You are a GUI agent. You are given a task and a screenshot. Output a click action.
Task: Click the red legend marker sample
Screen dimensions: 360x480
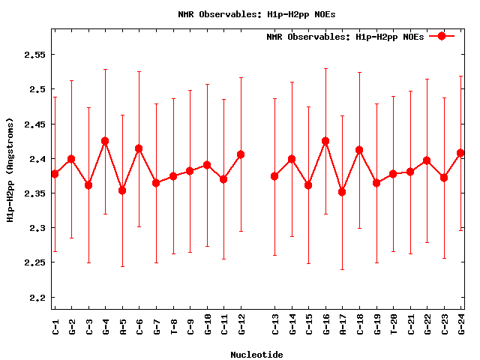(442, 36)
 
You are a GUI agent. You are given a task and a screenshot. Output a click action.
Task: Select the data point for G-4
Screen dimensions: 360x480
(105, 141)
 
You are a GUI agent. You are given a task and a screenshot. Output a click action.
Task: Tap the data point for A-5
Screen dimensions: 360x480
(122, 190)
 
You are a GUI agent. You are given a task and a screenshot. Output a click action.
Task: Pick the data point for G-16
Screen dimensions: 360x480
(325, 141)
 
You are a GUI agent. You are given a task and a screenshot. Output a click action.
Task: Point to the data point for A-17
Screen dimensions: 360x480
(342, 192)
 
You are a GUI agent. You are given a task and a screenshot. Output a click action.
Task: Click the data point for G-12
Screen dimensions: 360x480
(241, 154)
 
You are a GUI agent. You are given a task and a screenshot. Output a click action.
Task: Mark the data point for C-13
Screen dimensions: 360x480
(274, 176)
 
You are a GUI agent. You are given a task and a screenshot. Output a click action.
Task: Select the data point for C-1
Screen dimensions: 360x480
(55, 174)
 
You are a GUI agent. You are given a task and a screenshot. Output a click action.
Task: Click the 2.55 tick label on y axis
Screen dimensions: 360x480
(34, 55)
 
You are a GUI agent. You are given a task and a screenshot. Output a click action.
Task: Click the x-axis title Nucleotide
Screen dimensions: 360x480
(256, 355)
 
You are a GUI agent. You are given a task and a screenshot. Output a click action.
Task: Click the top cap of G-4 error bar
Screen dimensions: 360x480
(105, 69)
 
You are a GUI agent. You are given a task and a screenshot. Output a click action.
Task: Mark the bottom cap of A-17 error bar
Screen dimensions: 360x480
(342, 269)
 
